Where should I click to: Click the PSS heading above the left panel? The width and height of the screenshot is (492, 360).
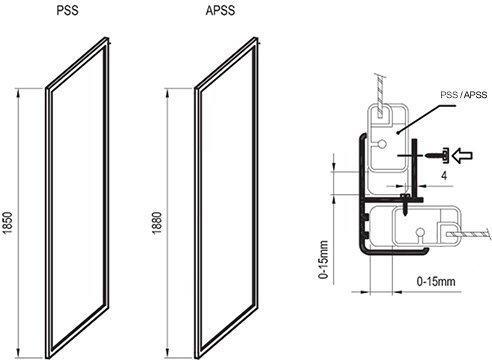pos(68,10)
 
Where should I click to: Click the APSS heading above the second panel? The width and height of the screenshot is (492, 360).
pos(220,10)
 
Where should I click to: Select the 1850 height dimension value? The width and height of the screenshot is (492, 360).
pos(7,223)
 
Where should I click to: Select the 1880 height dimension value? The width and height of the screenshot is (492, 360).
pos(157,223)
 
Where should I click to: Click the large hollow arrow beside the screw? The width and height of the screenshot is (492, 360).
pos(463,156)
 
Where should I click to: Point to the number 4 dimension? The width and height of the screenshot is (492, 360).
pos(444,175)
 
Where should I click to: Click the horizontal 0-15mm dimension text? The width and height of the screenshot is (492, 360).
pos(436,281)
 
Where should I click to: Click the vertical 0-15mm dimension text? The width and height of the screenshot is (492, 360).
pos(323,260)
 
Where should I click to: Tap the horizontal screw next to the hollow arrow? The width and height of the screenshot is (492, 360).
pos(435,156)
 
